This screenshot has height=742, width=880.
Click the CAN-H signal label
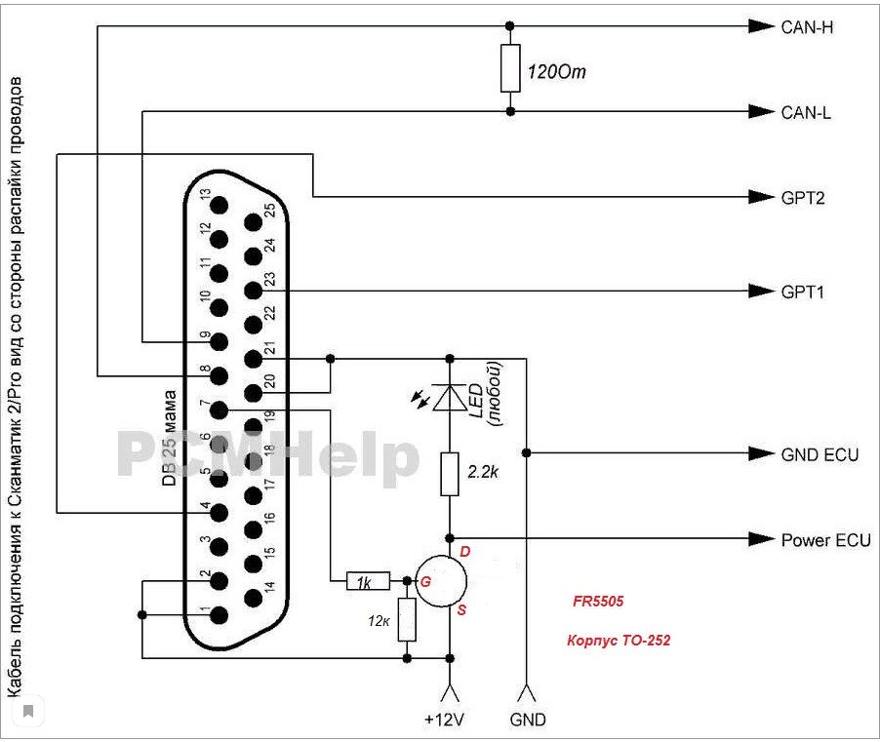(x=806, y=26)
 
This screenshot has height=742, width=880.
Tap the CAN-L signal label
(x=805, y=112)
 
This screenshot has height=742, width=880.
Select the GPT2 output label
(x=803, y=197)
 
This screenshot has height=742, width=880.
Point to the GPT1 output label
(x=802, y=291)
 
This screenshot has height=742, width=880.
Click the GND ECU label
(x=820, y=453)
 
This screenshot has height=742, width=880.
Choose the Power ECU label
(x=825, y=539)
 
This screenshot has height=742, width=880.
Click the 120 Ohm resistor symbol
(x=509, y=68)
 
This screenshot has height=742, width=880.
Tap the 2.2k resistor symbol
(x=450, y=473)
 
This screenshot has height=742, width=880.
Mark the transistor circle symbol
(x=442, y=582)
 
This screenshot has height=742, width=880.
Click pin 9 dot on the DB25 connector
(x=218, y=341)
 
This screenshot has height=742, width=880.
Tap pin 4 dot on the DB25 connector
(x=218, y=511)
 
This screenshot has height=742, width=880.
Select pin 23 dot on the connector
(x=253, y=291)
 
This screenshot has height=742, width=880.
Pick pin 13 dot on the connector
(x=218, y=206)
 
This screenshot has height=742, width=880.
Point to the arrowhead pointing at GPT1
(x=759, y=291)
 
